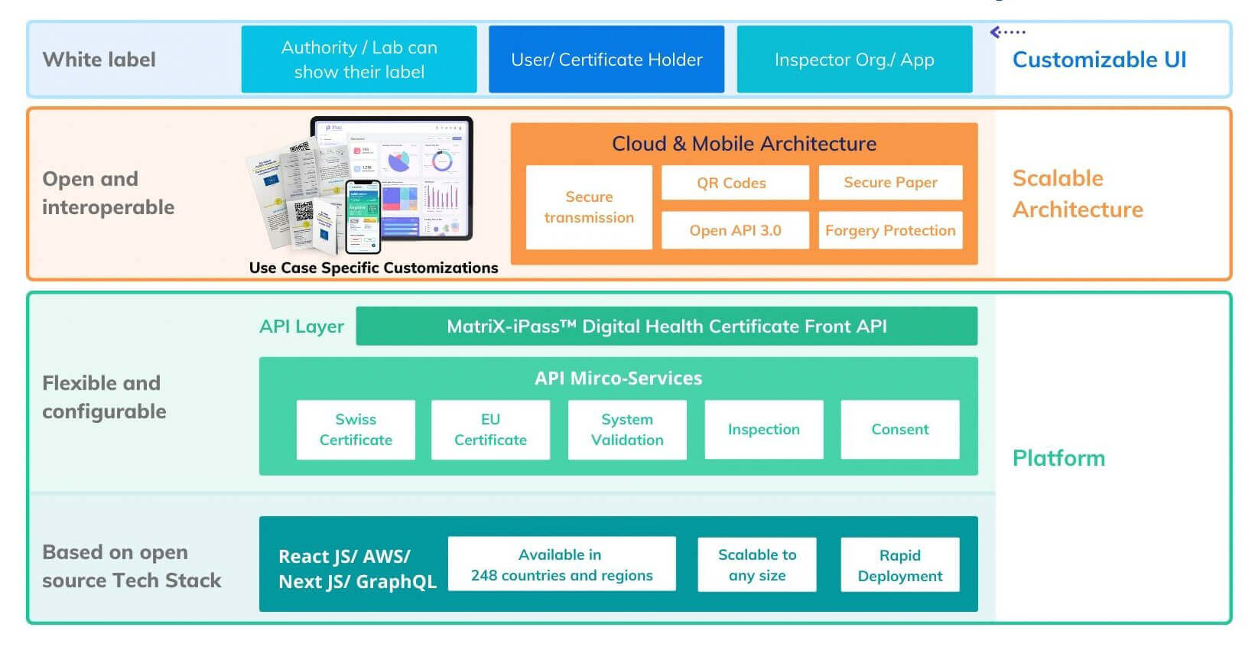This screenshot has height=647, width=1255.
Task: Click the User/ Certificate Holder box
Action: point(606,60)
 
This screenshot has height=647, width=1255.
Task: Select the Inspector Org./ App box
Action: point(854,60)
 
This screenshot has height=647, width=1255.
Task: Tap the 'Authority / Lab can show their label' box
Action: point(359,60)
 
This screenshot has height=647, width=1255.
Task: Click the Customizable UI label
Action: point(1099,60)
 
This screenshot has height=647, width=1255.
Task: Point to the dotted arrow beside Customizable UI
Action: point(1007,32)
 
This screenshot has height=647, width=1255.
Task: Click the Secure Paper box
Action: point(890,183)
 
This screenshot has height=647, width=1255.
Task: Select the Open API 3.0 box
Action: point(734,230)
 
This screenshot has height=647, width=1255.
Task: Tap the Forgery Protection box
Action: point(890,230)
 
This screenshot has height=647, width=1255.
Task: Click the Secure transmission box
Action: point(589,207)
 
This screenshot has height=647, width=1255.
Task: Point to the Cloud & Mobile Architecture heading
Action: point(743,144)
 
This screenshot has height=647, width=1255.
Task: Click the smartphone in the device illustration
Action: point(363,216)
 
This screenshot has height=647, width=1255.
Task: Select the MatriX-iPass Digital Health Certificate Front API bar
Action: point(666,327)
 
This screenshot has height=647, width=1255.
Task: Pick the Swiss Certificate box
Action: point(356,430)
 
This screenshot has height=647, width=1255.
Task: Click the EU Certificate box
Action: point(490,430)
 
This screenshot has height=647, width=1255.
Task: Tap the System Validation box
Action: point(627,430)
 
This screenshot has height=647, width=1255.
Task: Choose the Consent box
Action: point(899,430)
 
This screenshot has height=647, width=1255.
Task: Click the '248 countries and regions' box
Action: point(561,564)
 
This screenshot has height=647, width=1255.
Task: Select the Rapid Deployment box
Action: point(899,565)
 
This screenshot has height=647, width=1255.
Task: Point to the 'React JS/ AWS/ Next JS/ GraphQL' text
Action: point(356,568)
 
